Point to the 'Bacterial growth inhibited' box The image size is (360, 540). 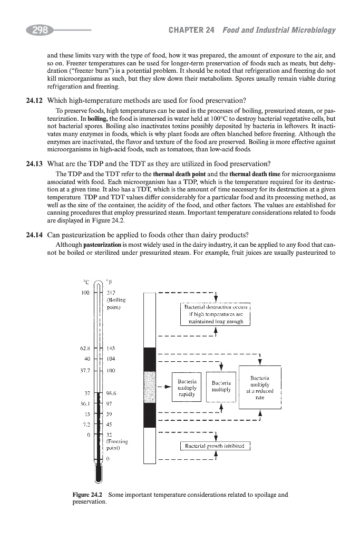215,447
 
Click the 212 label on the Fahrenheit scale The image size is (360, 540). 111,294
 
